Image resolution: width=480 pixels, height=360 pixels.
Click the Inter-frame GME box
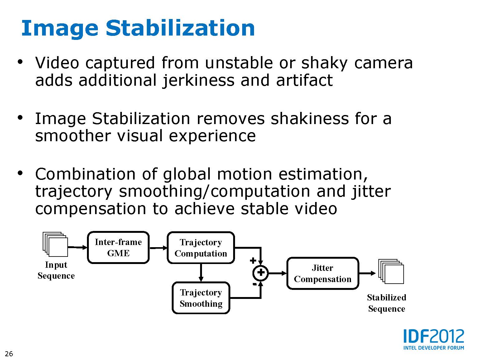pos(118,247)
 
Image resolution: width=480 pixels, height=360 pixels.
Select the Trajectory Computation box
pos(201,248)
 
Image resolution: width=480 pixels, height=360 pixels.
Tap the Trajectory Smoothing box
pos(201,298)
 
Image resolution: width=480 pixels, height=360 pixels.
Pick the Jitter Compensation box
pos(323,273)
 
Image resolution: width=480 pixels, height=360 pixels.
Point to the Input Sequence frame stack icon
pos(55,244)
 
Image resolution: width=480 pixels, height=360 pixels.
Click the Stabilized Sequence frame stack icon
pos(391,271)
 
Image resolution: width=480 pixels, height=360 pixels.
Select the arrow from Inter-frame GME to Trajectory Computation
pos(158,248)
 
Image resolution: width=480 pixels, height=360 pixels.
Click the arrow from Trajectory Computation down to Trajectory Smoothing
pos(201,273)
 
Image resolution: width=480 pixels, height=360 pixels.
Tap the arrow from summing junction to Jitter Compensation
pos(277,273)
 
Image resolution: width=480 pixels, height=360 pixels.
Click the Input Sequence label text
pos(56,270)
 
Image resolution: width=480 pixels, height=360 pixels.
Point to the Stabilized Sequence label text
pos(386,303)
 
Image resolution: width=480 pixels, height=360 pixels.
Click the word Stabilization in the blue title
pos(180,28)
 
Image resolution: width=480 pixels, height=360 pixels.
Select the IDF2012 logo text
pos(434,336)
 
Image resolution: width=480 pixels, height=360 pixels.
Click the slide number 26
pos(9,354)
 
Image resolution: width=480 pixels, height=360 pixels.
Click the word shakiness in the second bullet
pos(310,119)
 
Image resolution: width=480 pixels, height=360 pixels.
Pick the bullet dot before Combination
pos(20,173)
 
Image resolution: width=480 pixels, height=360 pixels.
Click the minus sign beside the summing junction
pos(254,284)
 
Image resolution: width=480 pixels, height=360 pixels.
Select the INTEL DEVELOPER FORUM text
pos(434,348)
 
